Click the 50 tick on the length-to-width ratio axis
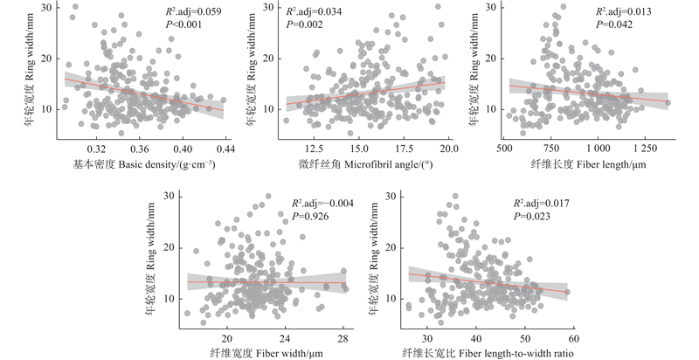[x=523, y=339]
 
